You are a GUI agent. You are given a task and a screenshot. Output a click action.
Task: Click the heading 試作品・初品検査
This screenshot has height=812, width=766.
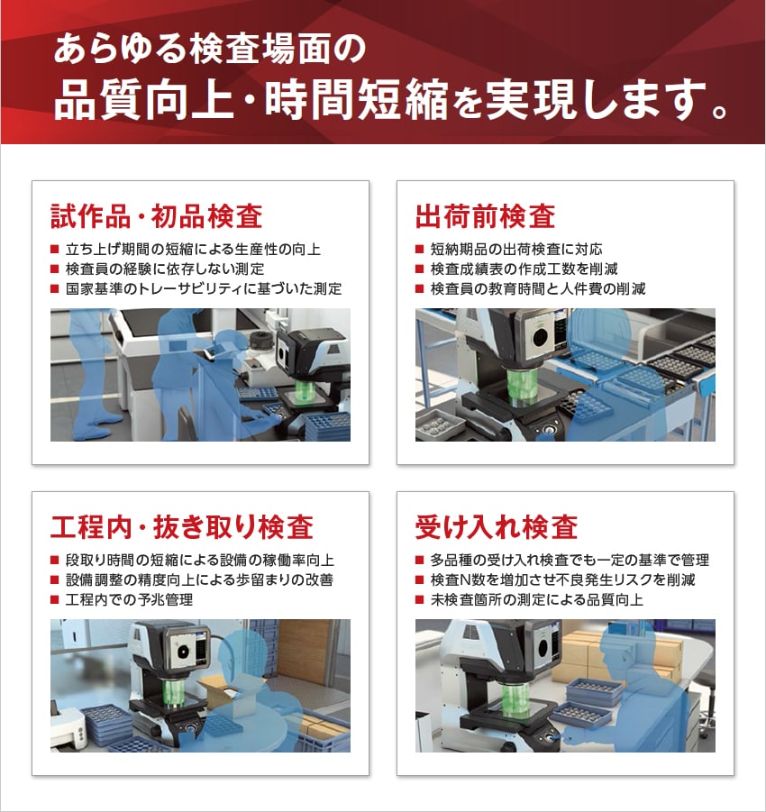(x=157, y=216)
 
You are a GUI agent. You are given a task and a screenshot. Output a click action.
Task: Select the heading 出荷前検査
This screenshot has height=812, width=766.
(x=486, y=216)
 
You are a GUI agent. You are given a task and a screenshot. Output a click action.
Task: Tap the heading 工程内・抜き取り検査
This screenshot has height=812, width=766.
(x=182, y=526)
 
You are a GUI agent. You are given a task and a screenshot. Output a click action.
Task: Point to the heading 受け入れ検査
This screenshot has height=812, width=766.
(x=497, y=526)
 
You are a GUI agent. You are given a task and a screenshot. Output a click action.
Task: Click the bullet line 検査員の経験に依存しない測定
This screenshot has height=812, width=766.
(x=165, y=269)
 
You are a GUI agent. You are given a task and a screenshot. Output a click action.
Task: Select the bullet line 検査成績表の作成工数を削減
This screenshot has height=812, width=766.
(x=524, y=269)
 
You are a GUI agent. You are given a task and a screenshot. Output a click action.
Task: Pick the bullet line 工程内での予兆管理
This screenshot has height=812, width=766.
(x=129, y=599)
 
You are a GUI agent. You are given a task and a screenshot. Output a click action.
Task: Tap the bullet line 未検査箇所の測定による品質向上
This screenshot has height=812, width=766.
(x=536, y=599)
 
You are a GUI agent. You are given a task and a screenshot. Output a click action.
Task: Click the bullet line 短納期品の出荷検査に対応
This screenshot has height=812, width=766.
(x=516, y=249)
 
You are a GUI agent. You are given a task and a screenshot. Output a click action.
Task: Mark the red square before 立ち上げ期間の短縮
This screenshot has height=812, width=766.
(x=54, y=249)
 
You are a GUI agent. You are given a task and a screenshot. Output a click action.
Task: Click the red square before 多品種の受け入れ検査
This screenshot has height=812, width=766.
(x=420, y=560)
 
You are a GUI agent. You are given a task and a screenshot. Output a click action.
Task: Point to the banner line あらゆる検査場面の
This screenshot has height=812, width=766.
(x=210, y=49)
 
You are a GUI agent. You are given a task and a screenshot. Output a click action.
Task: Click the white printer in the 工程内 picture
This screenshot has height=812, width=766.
(x=68, y=726)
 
